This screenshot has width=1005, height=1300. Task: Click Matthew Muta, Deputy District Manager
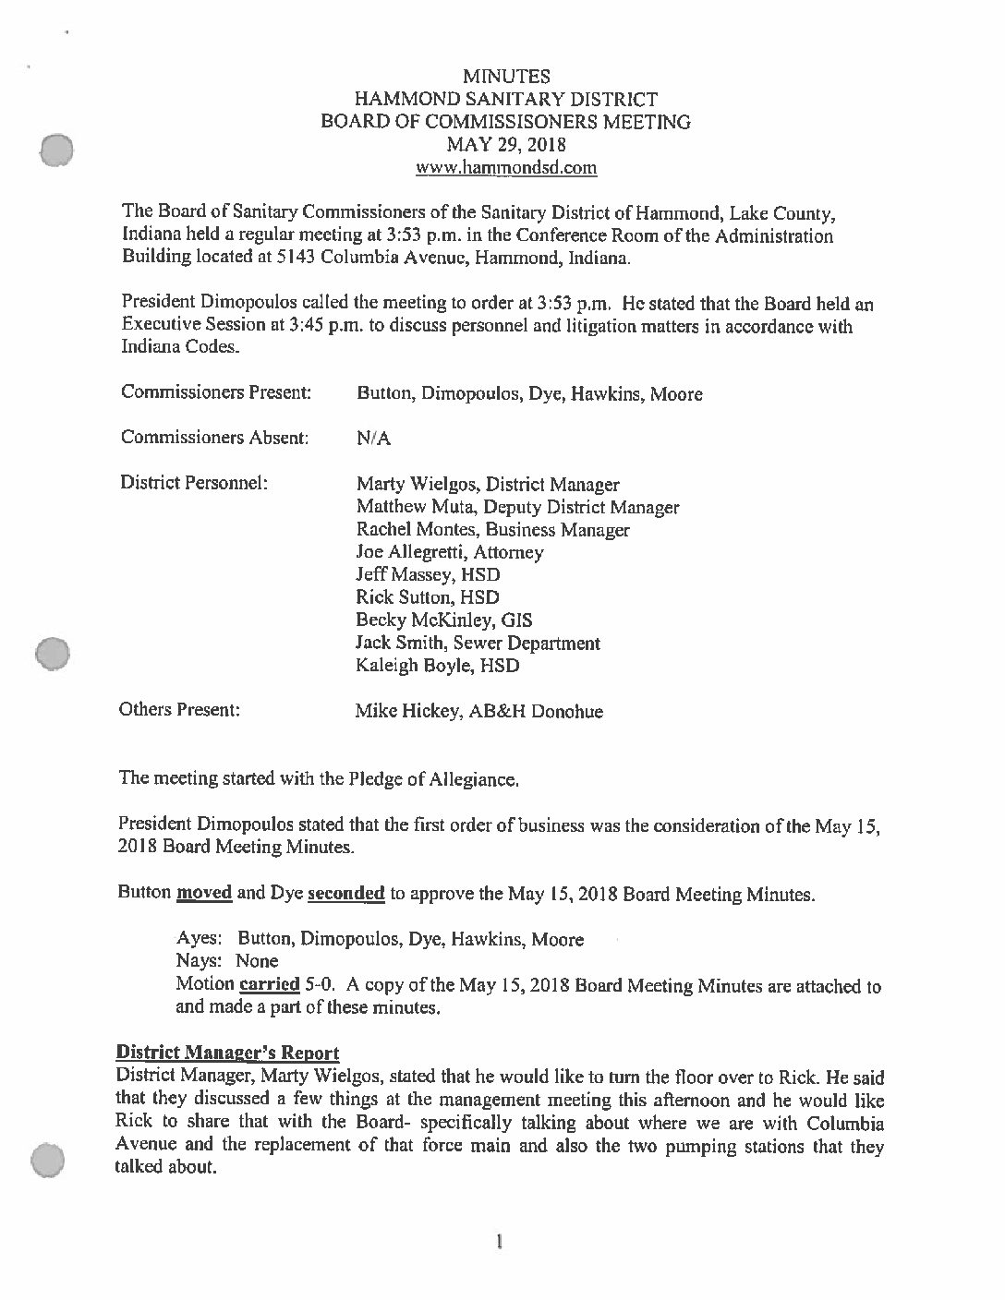(x=517, y=507)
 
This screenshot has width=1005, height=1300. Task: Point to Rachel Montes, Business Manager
(x=492, y=530)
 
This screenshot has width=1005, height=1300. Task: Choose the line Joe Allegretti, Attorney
(x=450, y=553)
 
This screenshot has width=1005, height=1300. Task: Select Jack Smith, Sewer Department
(x=478, y=644)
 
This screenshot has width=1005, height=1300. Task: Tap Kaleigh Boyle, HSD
(x=438, y=666)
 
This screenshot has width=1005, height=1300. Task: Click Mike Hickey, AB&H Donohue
(x=479, y=712)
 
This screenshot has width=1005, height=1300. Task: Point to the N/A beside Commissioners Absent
(x=373, y=439)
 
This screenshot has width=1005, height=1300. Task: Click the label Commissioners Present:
(x=215, y=393)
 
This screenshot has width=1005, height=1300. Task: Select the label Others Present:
(x=180, y=710)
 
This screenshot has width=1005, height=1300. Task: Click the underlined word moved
(x=204, y=894)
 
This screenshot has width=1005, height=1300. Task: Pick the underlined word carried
(x=266, y=984)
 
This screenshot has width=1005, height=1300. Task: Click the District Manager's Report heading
(x=228, y=1053)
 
